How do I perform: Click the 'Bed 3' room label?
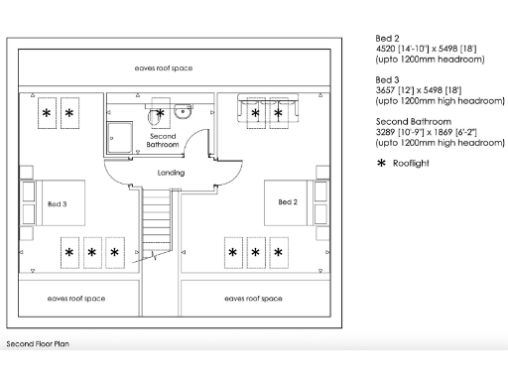coord(58,203)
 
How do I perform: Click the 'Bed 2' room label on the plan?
coord(287,202)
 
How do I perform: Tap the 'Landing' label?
coord(172,173)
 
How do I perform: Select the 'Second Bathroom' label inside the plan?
coord(164,140)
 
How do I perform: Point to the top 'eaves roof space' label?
coord(164,68)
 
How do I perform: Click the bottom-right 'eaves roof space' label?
coord(252,299)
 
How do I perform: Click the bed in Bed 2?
coord(285,203)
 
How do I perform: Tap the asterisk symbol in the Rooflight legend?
coord(381,162)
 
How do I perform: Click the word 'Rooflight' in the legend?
coord(412,162)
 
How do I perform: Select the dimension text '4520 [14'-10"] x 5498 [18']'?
coord(428,50)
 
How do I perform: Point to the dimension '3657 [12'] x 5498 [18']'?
coord(418,88)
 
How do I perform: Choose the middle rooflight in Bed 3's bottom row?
coord(92,253)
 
